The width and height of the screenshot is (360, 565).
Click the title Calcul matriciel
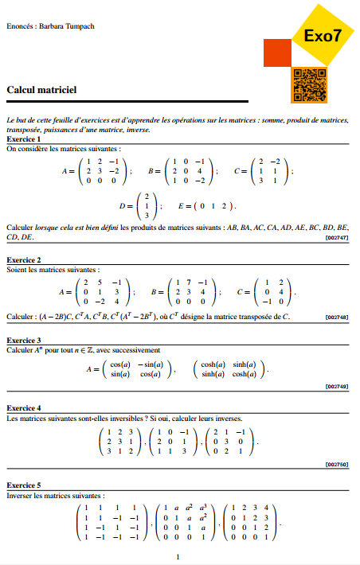point(41,91)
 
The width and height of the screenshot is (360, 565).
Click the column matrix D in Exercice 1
point(146,205)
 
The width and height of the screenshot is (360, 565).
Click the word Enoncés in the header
point(19,26)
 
